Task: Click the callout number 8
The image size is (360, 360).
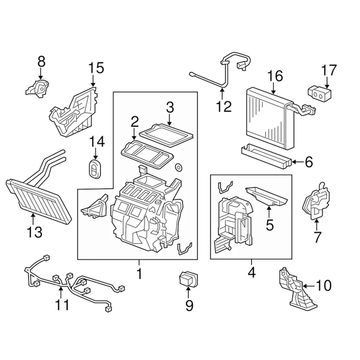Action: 41,60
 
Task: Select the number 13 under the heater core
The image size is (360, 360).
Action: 34,232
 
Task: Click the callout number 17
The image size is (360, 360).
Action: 328,71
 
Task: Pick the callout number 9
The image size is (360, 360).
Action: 189,305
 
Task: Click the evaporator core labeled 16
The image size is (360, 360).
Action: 267,119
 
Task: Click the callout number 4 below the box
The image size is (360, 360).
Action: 251,272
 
